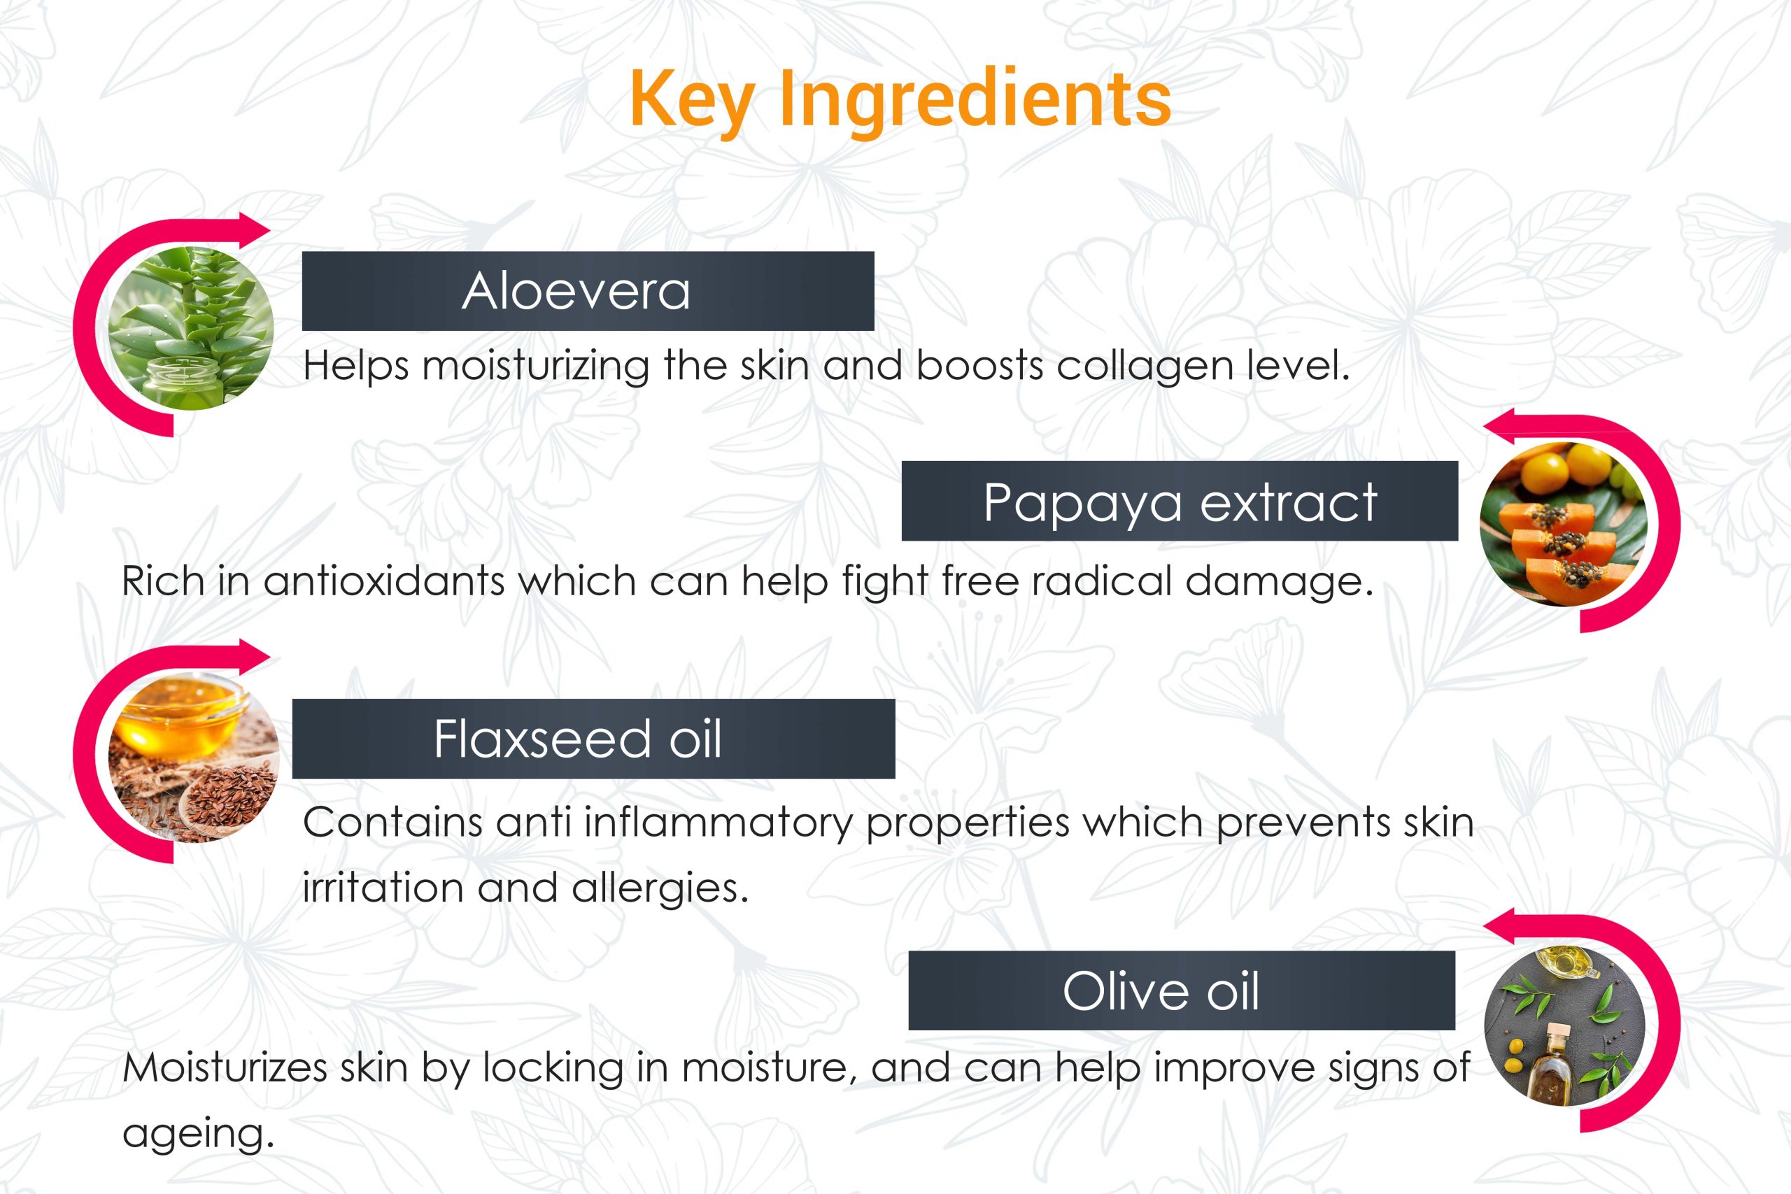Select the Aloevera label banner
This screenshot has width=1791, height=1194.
[x=588, y=291]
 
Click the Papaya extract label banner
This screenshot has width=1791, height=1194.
[x=1180, y=501]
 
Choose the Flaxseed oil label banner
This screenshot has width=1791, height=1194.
[x=593, y=739]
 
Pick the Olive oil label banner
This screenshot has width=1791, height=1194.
[x=1181, y=990]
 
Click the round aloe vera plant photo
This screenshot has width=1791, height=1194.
[x=191, y=328]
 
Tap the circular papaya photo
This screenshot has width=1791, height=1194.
[x=1564, y=525]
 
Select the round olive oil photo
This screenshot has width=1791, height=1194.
[x=1565, y=1025]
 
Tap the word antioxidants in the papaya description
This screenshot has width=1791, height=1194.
[x=385, y=581]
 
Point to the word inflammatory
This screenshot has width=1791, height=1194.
[x=718, y=823]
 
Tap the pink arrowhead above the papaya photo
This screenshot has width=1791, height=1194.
[x=1500, y=427]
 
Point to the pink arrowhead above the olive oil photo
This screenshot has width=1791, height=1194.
[x=1500, y=926]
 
